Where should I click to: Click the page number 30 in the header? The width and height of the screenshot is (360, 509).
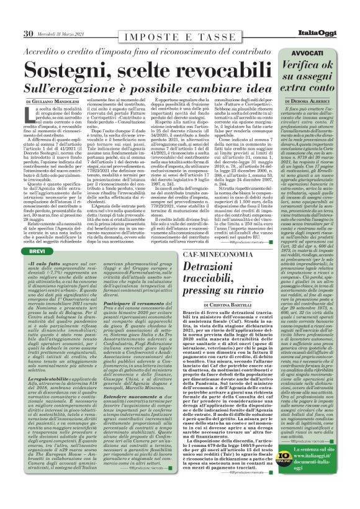click(x=29, y=33)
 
